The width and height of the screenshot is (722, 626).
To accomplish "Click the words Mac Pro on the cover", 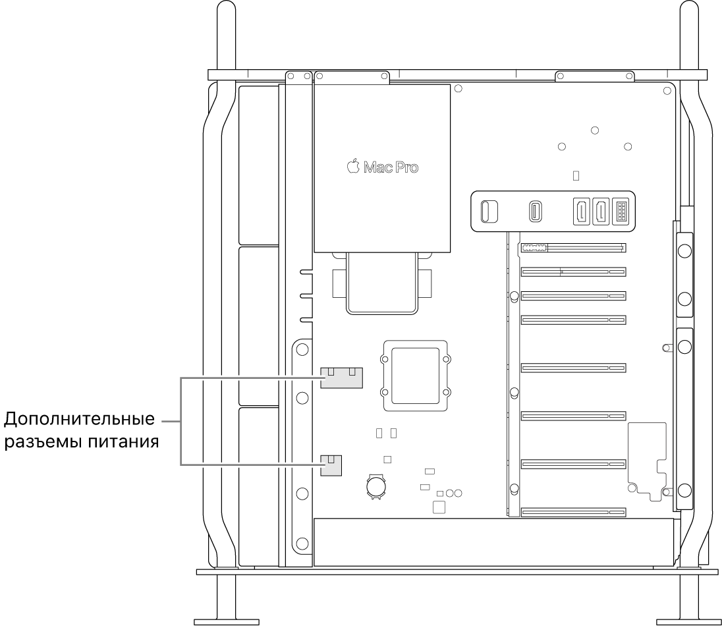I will [390, 167].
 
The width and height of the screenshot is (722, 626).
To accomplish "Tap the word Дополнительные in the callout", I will [80, 419].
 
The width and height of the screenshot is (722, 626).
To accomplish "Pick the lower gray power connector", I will [331, 465].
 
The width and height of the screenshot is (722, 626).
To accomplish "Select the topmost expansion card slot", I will [573, 248].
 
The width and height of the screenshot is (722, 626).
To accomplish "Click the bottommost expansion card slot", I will [573, 511].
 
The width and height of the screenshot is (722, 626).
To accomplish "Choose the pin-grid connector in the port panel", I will [620, 212].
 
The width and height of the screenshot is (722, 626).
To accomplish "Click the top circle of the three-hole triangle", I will [594, 130].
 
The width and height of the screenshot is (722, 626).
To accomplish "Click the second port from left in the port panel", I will [534, 212].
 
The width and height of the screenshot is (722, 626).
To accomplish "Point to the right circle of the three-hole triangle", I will [627, 146].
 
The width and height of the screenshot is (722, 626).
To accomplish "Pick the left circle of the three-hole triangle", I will [561, 146].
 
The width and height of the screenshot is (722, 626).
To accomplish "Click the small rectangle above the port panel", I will [576, 176].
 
